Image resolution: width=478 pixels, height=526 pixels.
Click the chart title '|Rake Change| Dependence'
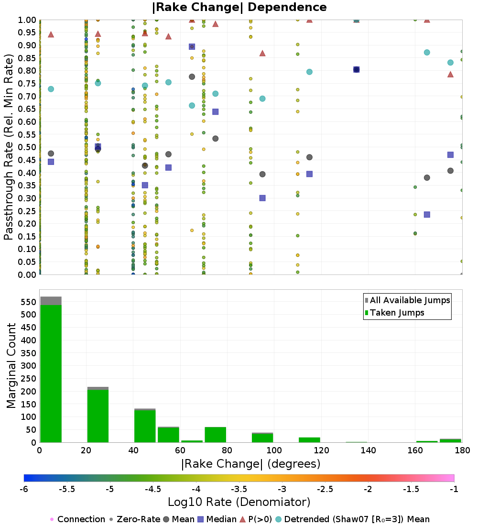coord(239,7)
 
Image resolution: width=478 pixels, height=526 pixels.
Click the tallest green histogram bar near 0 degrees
coord(51,373)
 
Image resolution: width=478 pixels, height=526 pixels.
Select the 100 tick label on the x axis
coord(274,450)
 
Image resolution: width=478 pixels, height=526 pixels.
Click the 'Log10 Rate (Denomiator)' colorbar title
coord(239,502)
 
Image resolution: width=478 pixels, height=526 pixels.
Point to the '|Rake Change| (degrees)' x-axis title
coord(251,464)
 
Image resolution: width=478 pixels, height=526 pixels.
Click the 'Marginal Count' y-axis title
coord(12,366)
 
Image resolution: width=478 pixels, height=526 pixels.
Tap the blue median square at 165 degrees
coord(427,214)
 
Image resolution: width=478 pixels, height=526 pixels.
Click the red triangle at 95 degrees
coord(262,53)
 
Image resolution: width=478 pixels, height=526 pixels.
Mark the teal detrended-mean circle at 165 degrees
coord(427,53)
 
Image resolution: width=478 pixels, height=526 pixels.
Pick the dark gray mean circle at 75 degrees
coord(216,139)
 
